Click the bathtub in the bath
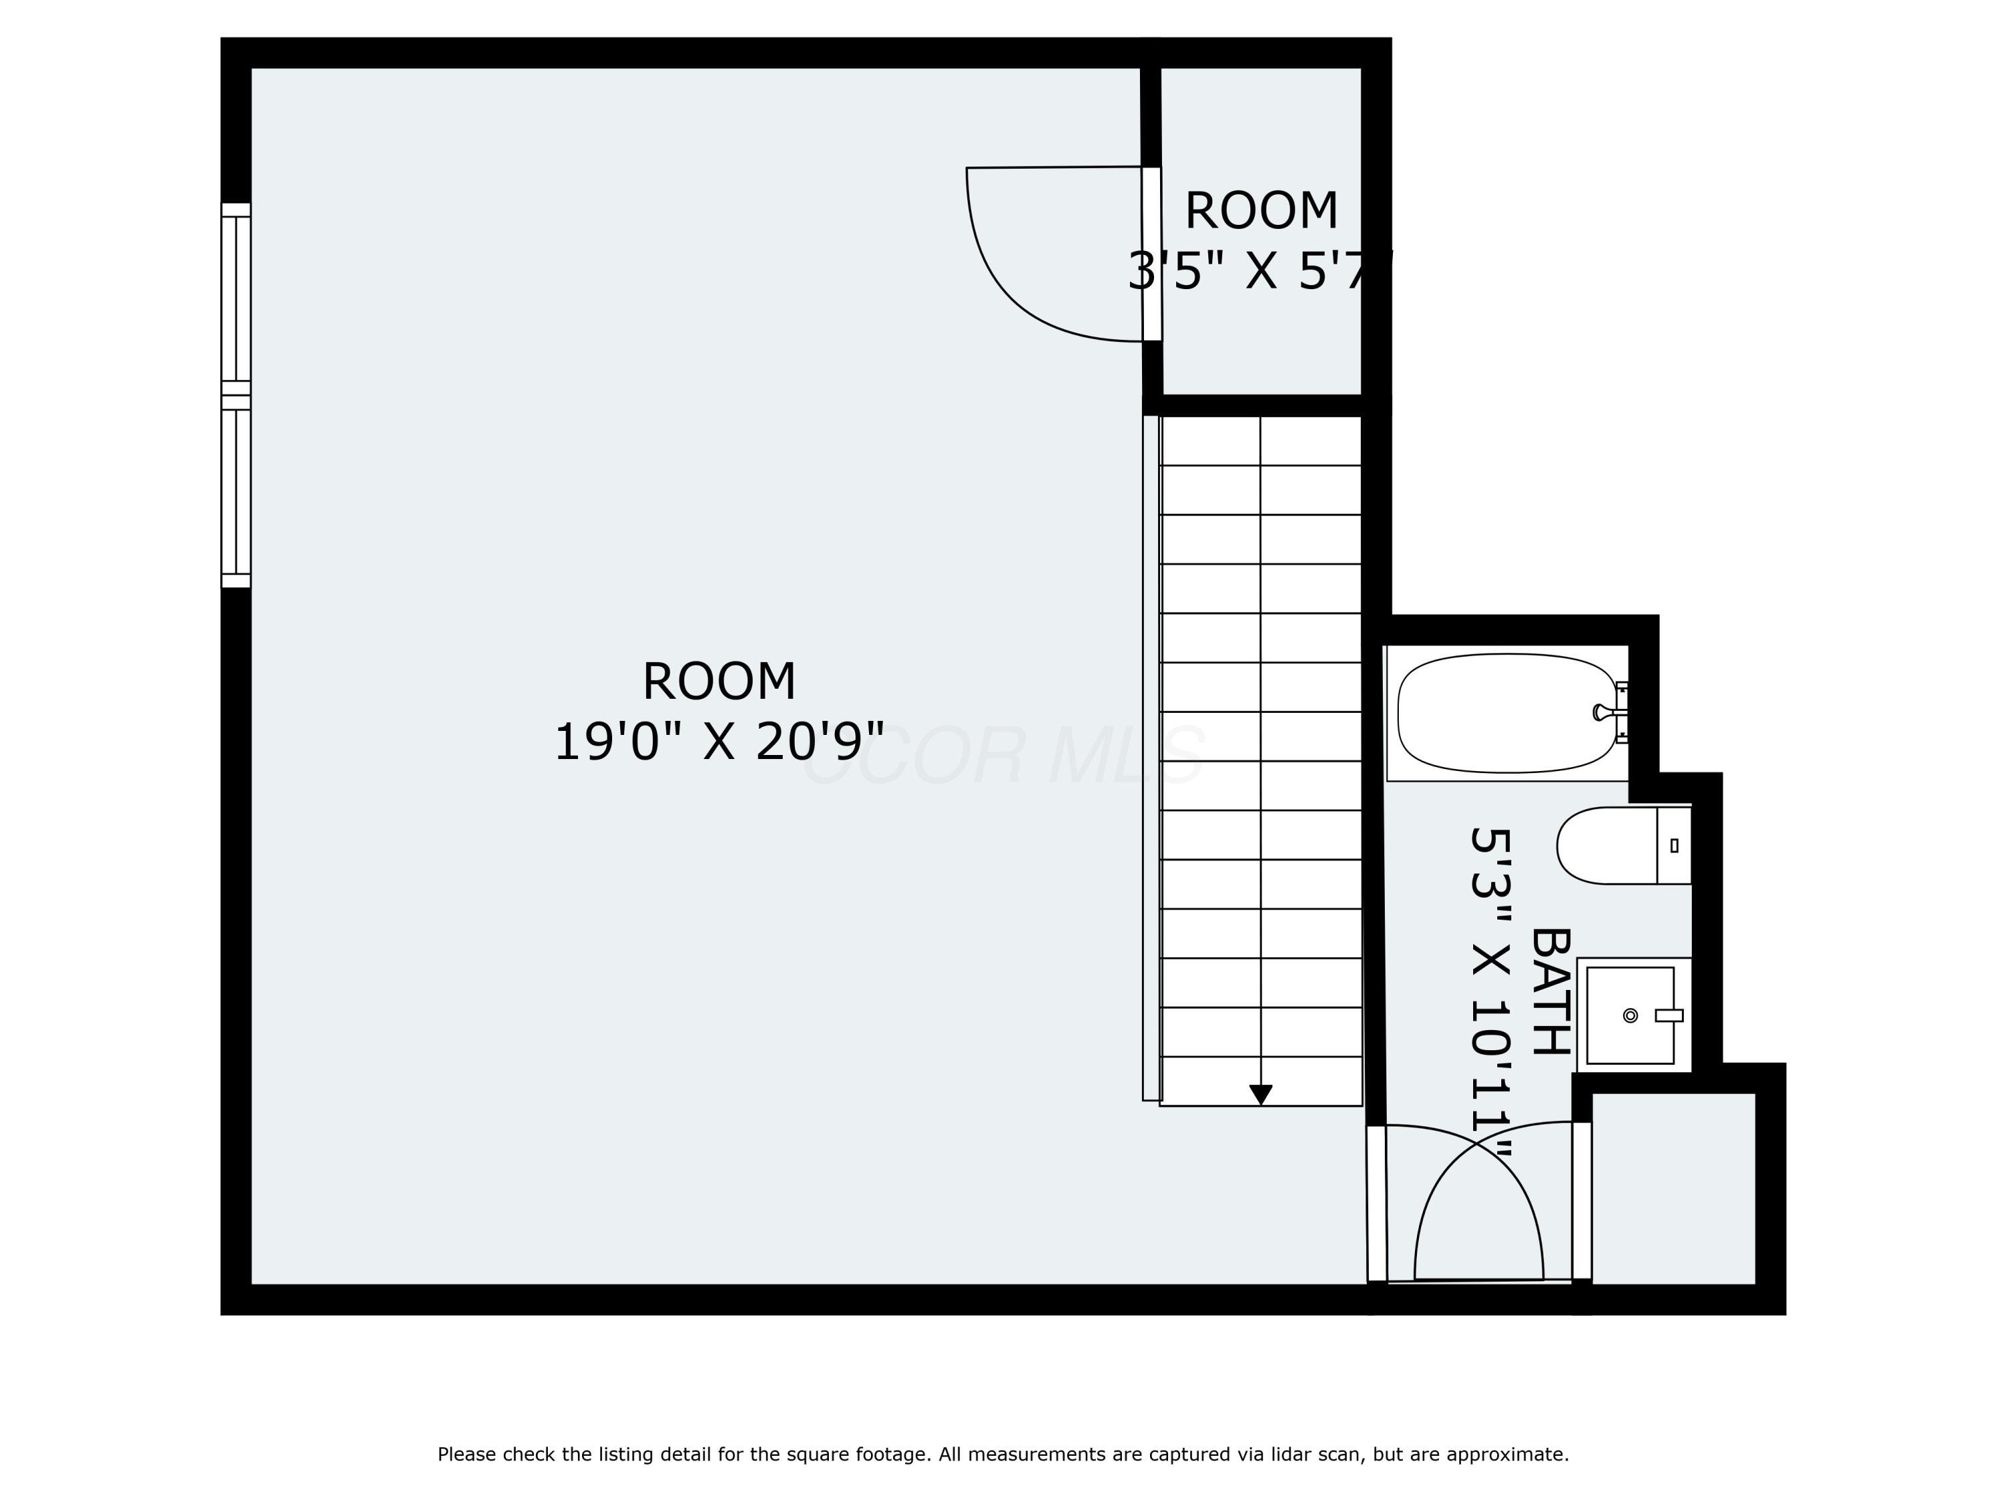coord(1506,713)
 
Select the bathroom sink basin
coord(1630,1015)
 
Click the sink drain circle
coord(1630,1015)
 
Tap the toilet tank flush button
coord(1674,845)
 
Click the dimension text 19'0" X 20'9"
coord(719,742)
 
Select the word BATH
coord(1549,991)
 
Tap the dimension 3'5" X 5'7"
coord(1259,270)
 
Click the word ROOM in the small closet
coord(1261,211)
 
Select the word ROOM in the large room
coord(719,682)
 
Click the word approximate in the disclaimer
coord(1507,1454)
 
